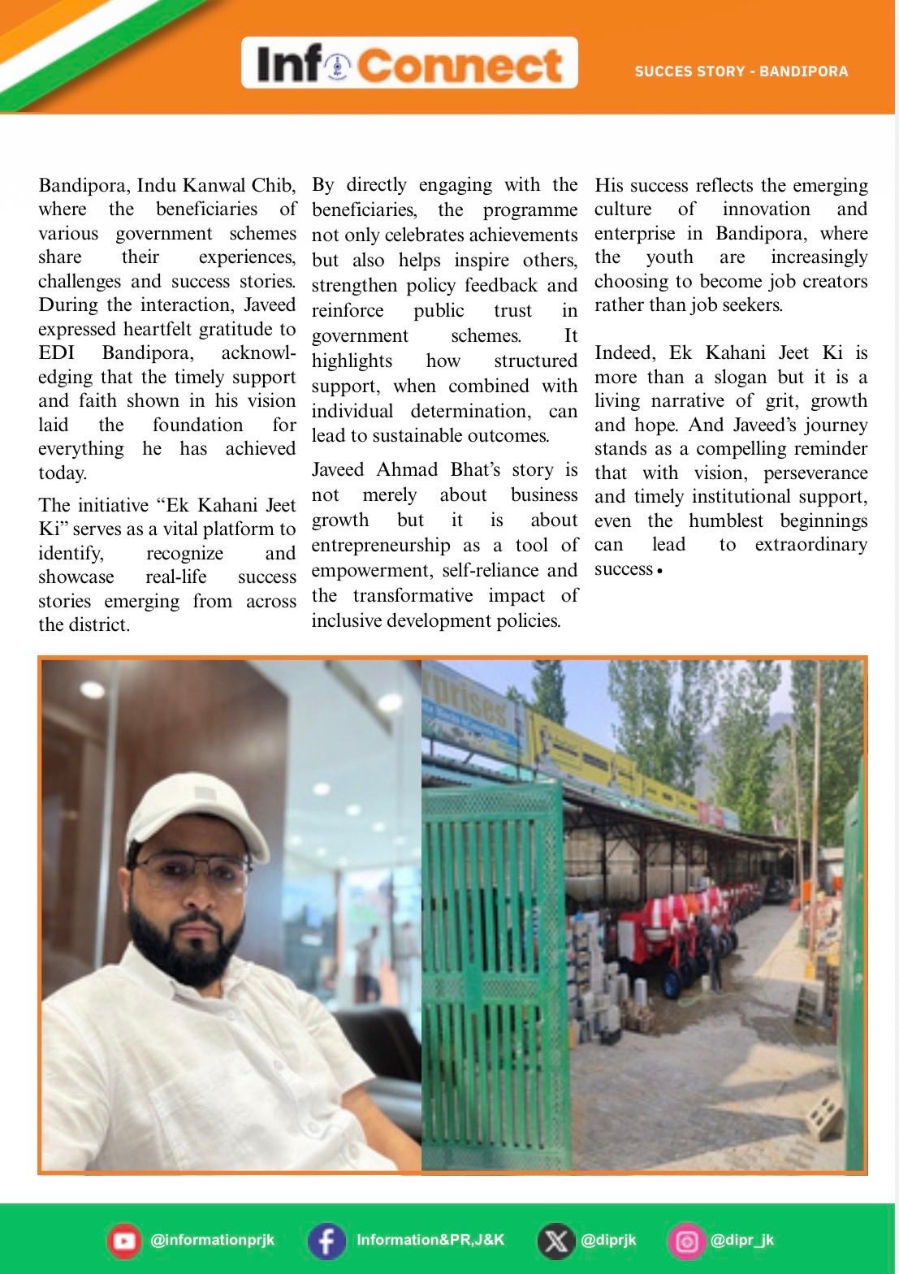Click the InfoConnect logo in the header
[409, 63]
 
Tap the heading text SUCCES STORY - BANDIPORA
[741, 71]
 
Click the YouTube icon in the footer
[124, 1241]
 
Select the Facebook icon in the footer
[326, 1241]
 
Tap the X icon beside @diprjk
[555, 1241]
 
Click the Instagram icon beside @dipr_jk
[687, 1241]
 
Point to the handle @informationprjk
[213, 1240]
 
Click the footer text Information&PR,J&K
[430, 1240]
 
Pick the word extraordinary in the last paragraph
[810, 545]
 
